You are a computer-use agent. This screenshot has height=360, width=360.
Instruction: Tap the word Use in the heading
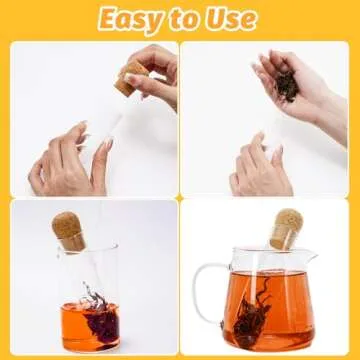click(233, 19)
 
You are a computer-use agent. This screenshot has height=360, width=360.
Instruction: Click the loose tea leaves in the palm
click(287, 84)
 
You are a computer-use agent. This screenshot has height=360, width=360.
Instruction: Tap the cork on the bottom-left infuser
click(70, 227)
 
